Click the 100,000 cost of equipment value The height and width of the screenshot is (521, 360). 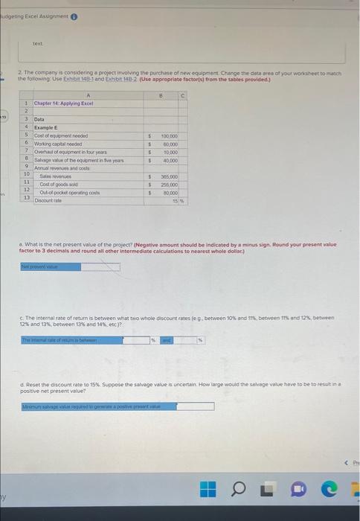pyautogui.click(x=168, y=136)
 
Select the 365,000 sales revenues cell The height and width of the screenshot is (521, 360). pyautogui.click(x=168, y=177)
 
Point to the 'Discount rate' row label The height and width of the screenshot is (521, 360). pyautogui.click(x=49, y=200)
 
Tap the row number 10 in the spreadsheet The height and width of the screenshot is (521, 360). pyautogui.click(x=26, y=173)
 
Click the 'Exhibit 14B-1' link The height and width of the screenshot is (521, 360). pyautogui.click(x=75, y=77)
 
